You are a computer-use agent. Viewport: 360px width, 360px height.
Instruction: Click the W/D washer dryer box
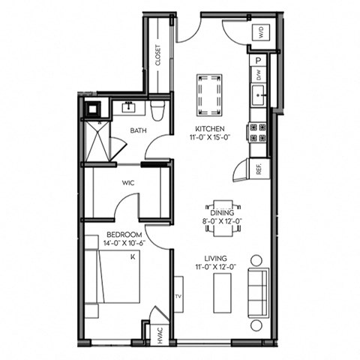point(262,31)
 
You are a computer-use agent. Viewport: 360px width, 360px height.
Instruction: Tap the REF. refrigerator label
point(259,169)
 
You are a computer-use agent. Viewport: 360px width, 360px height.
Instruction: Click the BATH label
point(138,130)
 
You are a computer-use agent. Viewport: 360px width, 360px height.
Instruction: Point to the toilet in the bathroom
point(157,112)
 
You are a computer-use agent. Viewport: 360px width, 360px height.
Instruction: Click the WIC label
point(128,182)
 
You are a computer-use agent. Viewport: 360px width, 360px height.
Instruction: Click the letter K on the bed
point(133,256)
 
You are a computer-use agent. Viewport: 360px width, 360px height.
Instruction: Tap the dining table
point(222,217)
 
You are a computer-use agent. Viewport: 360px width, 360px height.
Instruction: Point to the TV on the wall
point(178,296)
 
